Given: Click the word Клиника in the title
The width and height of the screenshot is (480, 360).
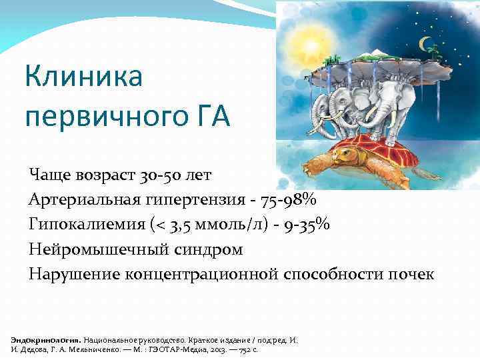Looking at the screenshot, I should point(84,77).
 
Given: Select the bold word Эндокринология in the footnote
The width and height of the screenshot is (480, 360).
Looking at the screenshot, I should point(45,339).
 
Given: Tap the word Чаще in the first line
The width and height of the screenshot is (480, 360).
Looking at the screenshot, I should point(47,176).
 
